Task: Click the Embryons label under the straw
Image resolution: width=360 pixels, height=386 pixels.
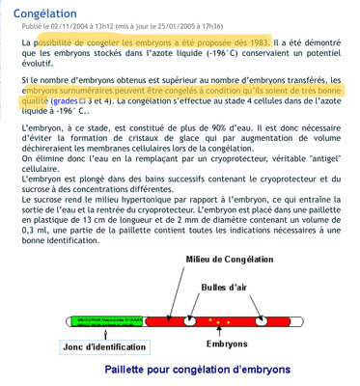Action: (231, 342)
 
